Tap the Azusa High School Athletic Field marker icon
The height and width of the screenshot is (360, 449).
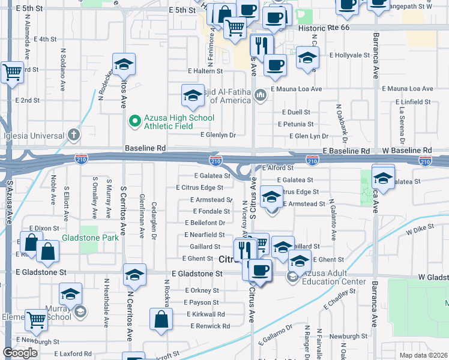pyautogui.click(x=134, y=121)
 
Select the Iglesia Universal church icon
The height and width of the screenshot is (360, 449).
pyautogui.click(x=73, y=134)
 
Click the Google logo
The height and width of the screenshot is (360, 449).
pyautogui.click(x=20, y=353)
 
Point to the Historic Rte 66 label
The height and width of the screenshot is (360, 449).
pyautogui.click(x=323, y=29)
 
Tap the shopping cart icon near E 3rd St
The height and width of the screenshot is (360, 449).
pyautogui.click(x=12, y=73)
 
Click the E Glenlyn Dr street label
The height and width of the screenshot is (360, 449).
pyautogui.click(x=218, y=136)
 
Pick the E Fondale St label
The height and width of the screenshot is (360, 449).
pyautogui.click(x=211, y=211)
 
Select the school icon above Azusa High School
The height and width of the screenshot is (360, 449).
pyautogui.click(x=193, y=95)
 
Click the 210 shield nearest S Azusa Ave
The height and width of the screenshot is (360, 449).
pyautogui.click(x=82, y=159)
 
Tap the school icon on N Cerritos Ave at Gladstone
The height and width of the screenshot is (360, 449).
pyautogui.click(x=135, y=274)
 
